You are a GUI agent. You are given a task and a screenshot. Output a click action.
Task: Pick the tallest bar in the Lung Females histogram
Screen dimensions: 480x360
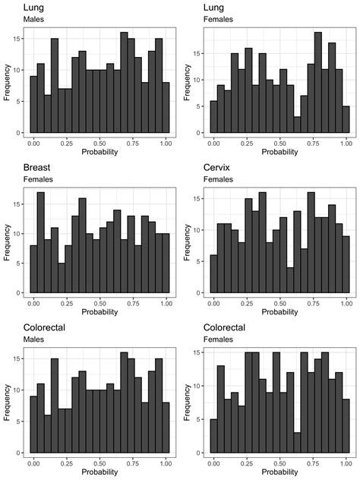tap(318, 83)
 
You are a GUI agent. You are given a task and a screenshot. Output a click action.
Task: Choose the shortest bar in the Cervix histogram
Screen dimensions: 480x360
tap(290, 280)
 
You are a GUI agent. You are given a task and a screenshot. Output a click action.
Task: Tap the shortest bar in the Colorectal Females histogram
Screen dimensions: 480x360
tap(297, 443)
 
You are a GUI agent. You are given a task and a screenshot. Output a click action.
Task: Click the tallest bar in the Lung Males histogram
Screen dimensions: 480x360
tap(124, 83)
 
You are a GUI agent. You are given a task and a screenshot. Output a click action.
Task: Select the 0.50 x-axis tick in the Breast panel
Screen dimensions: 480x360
tap(99, 302)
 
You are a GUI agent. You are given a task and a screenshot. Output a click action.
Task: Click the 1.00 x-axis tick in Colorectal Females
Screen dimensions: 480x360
tap(346, 463)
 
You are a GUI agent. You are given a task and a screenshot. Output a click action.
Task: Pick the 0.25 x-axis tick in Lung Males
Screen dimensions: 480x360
tap(66, 142)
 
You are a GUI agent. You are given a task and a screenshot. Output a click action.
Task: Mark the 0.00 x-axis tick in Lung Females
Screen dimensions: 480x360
tap(213, 142)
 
